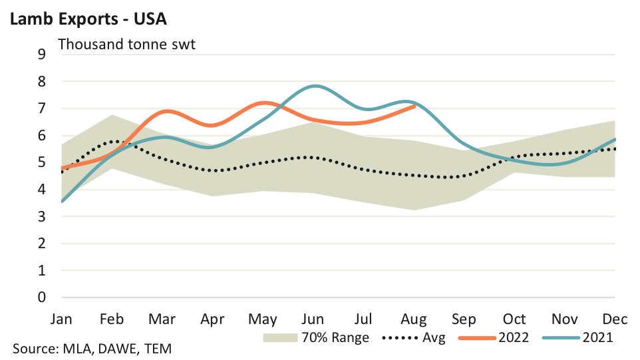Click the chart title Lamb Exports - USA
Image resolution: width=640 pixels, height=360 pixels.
[87, 19]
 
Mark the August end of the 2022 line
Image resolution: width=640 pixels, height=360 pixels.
[414, 106]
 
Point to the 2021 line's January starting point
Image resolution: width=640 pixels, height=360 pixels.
[63, 201]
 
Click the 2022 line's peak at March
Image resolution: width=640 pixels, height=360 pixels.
[165, 111]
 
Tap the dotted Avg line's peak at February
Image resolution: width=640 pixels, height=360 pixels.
[115, 141]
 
